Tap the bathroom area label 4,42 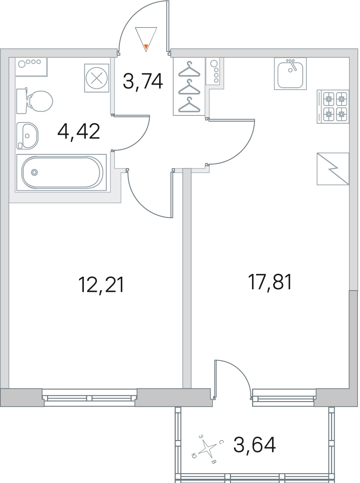79,132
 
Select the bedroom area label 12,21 101,284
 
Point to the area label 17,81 270,282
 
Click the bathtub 62,172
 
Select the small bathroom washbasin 27,135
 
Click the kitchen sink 290,73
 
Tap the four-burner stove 333,106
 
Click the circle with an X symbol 97,78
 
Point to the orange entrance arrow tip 146,47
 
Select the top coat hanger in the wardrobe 189,69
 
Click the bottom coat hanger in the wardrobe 189,104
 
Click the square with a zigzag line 333,169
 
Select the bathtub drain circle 34,172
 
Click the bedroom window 89,397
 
